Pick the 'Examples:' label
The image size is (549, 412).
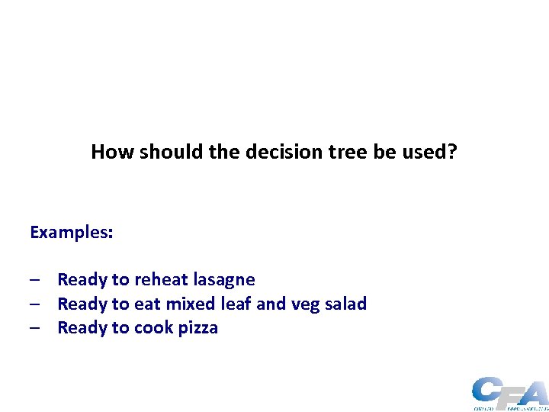(72, 232)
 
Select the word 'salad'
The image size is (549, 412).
(345, 304)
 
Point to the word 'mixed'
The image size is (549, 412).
(191, 304)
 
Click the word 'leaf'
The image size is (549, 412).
(236, 304)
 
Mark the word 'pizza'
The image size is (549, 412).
(198, 328)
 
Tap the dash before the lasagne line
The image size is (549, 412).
(35, 281)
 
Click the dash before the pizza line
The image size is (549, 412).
(35, 329)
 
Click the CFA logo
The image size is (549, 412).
(509, 393)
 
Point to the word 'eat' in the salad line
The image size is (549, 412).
(147, 304)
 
